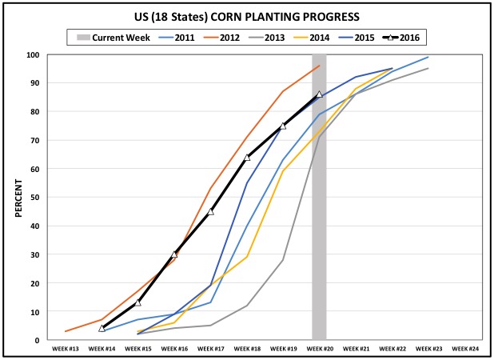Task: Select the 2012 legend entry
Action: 225,37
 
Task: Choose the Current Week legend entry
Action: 112,37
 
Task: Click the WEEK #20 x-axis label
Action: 319,350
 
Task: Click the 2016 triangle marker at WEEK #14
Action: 102,328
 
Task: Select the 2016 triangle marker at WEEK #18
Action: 247,158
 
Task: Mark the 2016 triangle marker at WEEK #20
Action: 319,94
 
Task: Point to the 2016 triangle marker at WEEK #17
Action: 210,211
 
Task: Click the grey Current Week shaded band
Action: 319,240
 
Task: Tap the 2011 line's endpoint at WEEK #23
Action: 428,58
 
